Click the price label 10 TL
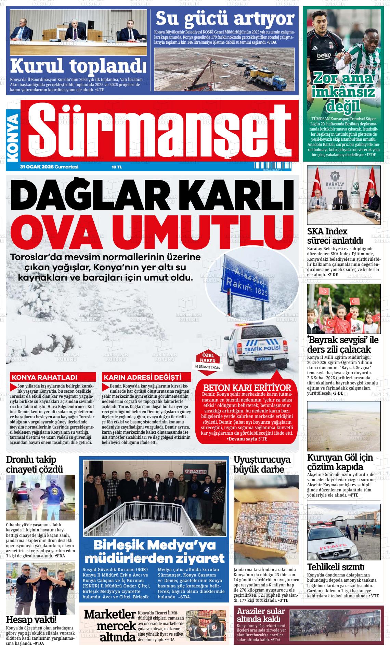coord(117,167)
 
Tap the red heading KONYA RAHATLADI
coord(44,378)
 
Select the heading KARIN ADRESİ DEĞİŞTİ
coord(142,378)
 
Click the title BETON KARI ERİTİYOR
coord(247,388)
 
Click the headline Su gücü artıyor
coord(225,18)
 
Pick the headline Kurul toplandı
coord(76,66)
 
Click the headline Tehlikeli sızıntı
coord(336,568)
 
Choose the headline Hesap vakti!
coord(31,619)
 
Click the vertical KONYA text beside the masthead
coord(13,138)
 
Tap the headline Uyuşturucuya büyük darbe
coord(262,464)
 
